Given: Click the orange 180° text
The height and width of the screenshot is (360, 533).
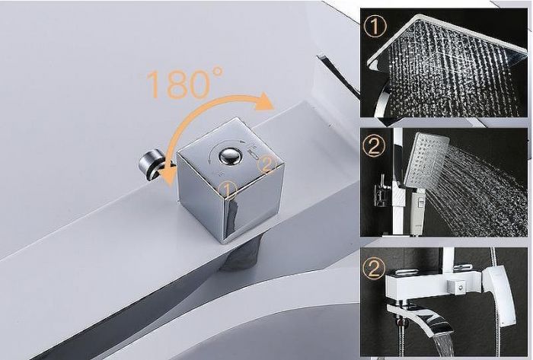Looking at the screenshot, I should pyautogui.click(x=184, y=84).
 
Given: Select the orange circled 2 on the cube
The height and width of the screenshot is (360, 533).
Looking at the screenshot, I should pyautogui.click(x=266, y=162).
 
